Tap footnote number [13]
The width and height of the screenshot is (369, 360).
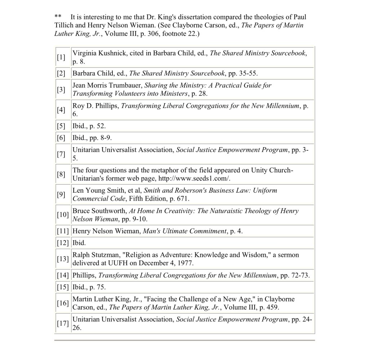coord(62,259)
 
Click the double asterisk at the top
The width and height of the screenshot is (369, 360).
coord(58,17)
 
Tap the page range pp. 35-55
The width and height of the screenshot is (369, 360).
coord(243,73)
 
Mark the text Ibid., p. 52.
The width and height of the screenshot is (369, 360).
coord(89,126)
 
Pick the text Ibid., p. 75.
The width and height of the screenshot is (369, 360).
coord(89,287)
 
